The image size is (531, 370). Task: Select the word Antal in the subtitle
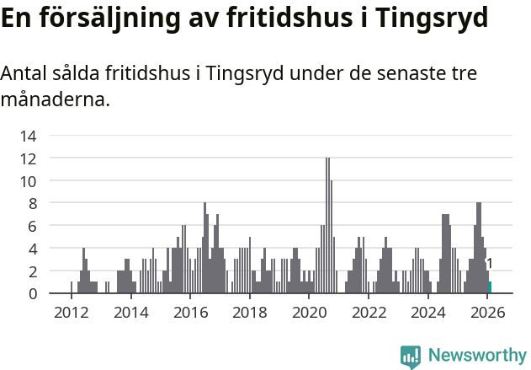coord(24,74)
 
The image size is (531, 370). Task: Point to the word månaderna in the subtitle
coord(56,101)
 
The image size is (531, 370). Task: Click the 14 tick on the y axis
coord(28,136)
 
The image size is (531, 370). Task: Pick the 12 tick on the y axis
coord(28,158)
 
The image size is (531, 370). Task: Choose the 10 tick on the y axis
coord(28,181)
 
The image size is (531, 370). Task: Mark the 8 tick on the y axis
coord(31,203)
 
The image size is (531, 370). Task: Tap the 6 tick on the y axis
coord(31,226)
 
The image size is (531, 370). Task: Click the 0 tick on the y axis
coord(31,293)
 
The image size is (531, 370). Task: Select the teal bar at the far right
coord(490,287)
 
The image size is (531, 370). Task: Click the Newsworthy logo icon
coord(411,356)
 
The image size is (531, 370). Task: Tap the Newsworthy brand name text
coord(477,356)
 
